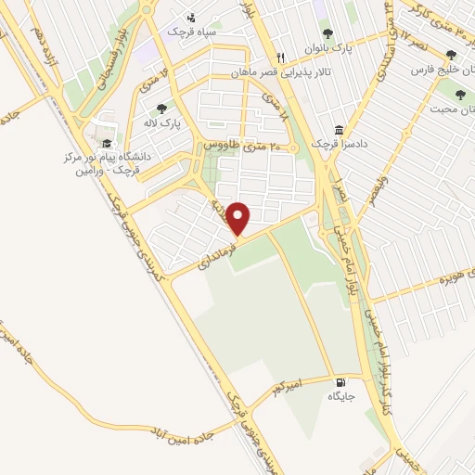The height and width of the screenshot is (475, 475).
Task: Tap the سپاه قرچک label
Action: coord(190,32)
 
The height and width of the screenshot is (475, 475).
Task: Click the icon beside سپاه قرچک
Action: coord(191,17)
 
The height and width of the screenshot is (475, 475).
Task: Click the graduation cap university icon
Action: coord(106,143)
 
